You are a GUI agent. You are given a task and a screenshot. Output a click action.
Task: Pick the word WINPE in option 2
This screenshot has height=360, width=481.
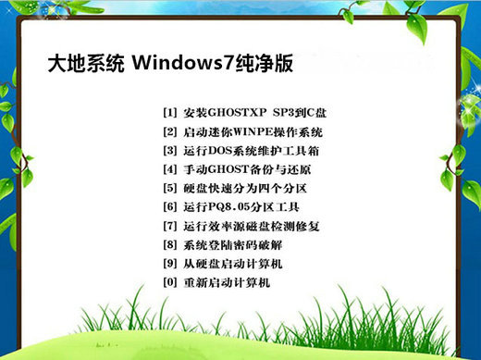coord(249,132)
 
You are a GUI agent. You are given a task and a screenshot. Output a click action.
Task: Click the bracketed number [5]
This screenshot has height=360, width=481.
coord(169,189)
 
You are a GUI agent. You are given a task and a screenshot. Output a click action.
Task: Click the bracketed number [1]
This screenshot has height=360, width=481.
coord(169,113)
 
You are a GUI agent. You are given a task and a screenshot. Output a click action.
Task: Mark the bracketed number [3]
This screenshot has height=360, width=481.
coord(169,151)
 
